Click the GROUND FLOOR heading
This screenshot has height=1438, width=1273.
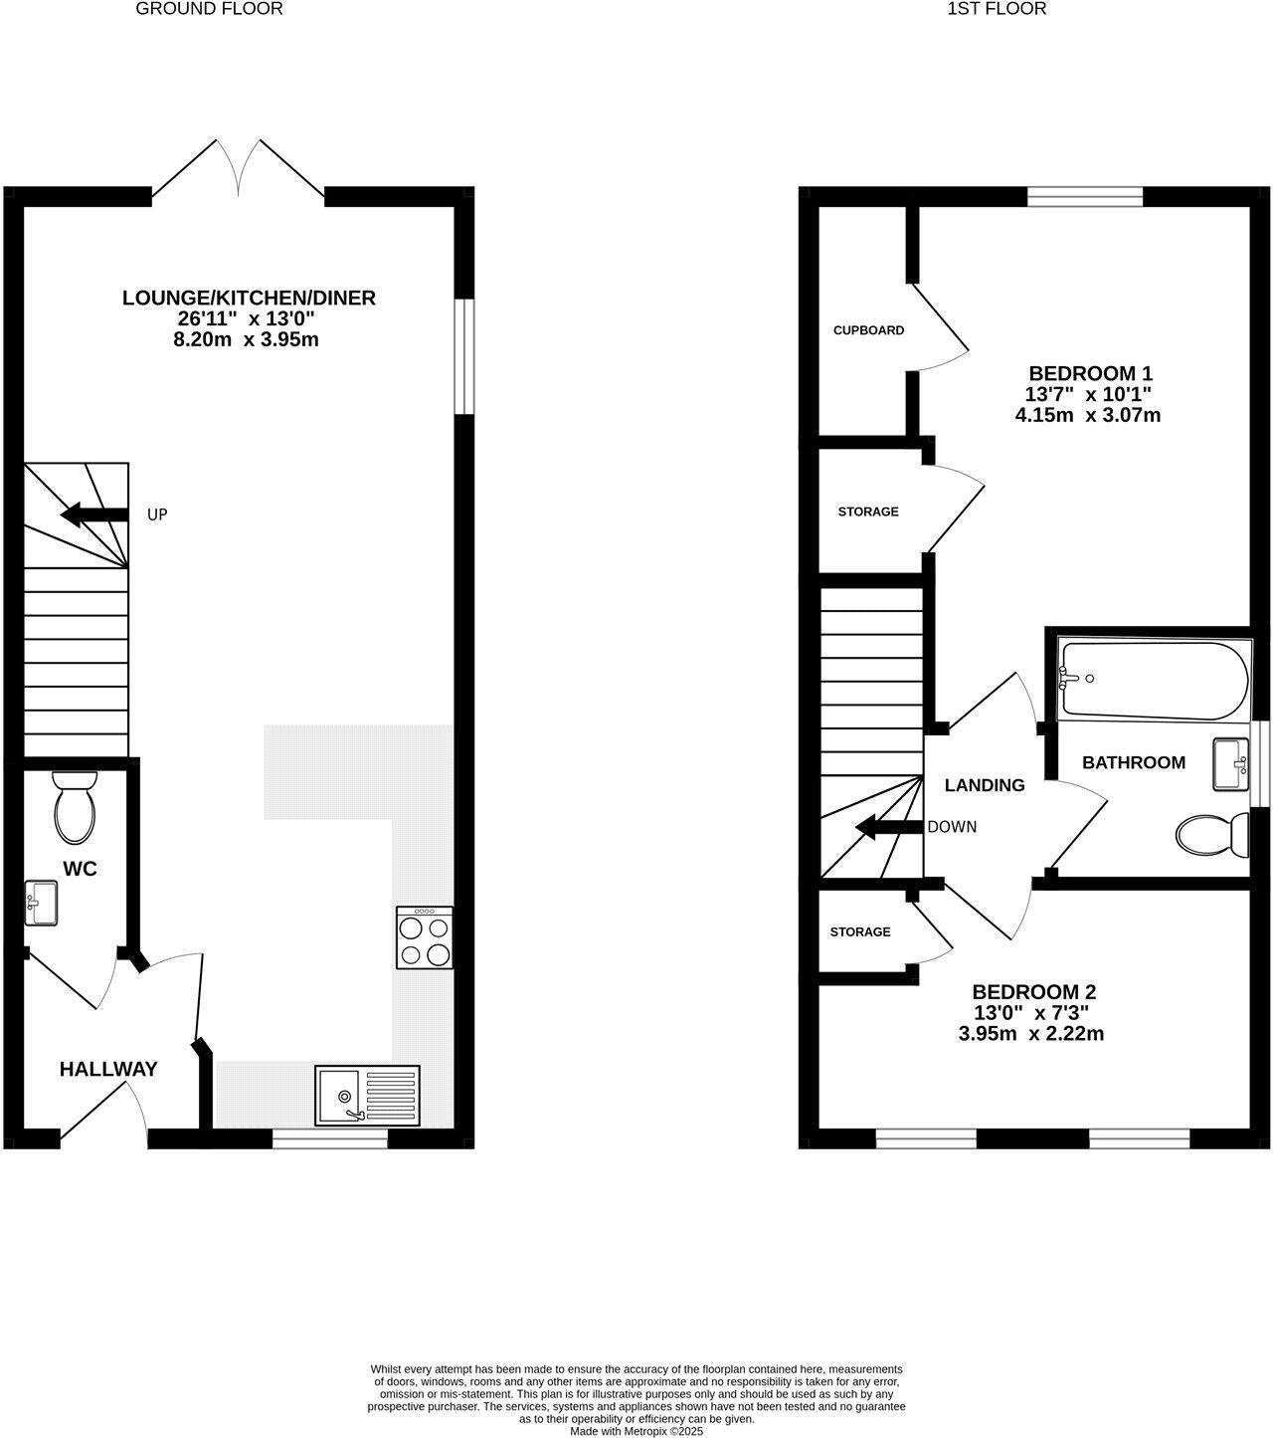tap(209, 9)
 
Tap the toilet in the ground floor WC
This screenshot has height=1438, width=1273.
tap(75, 807)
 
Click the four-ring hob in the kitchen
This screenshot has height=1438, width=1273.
tap(425, 937)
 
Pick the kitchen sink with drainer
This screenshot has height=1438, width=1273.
tap(367, 1095)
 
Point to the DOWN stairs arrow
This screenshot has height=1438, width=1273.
tap(889, 827)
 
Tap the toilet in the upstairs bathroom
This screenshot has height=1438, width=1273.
tap(1212, 835)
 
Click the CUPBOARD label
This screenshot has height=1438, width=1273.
tap(868, 330)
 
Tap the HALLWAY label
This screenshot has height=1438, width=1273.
tap(108, 1070)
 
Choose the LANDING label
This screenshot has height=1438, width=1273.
tap(984, 785)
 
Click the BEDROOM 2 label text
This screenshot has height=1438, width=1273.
tap(1033, 992)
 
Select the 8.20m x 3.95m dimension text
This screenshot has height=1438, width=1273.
tap(246, 340)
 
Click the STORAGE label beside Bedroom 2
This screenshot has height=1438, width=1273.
tap(860, 932)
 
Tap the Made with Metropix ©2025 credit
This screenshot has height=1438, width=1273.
tap(636, 1432)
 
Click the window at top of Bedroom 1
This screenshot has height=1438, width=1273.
tap(1085, 196)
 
